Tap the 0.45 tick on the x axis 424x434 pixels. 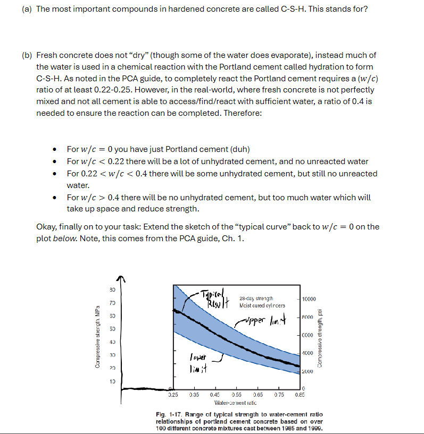coord(215,395)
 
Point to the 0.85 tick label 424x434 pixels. coord(300,395)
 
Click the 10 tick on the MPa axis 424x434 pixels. coord(112,380)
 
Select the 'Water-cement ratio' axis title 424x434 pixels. coord(236,403)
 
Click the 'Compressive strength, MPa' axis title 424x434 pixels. coord(97,336)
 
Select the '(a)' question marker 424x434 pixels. coord(27,10)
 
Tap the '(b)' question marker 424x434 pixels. coord(27,55)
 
